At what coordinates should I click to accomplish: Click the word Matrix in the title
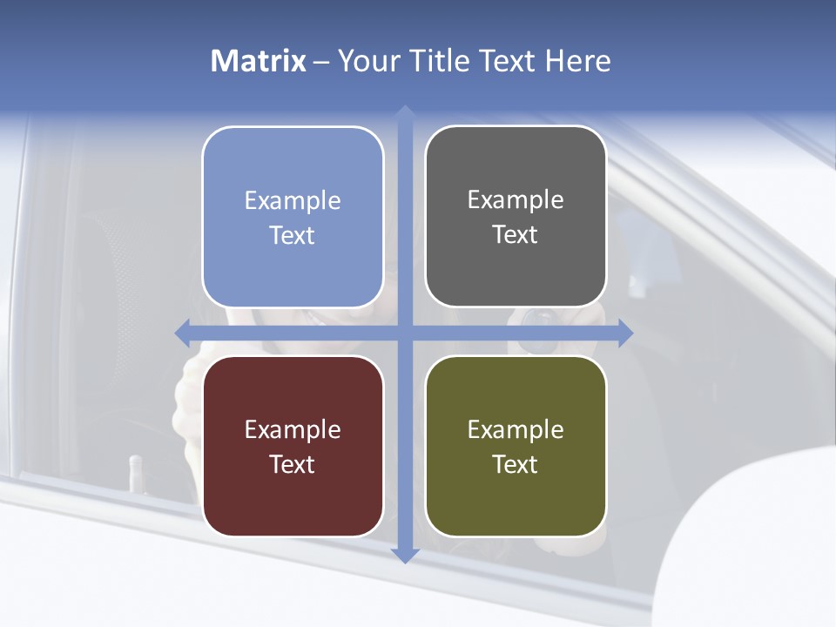(x=258, y=61)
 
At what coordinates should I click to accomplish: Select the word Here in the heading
(x=578, y=61)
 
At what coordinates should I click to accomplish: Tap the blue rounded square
(x=293, y=217)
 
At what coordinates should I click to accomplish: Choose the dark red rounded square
(x=293, y=446)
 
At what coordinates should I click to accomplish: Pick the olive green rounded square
(x=516, y=446)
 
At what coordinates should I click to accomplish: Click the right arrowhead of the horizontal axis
(x=625, y=333)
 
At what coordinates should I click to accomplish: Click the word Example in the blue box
(x=293, y=201)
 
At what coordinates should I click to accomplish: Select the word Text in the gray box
(x=516, y=235)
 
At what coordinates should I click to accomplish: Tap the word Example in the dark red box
(x=293, y=430)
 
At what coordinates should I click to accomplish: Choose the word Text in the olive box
(x=516, y=465)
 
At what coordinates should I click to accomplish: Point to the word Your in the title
(x=367, y=61)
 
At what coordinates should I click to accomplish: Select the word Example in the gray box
(x=516, y=200)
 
